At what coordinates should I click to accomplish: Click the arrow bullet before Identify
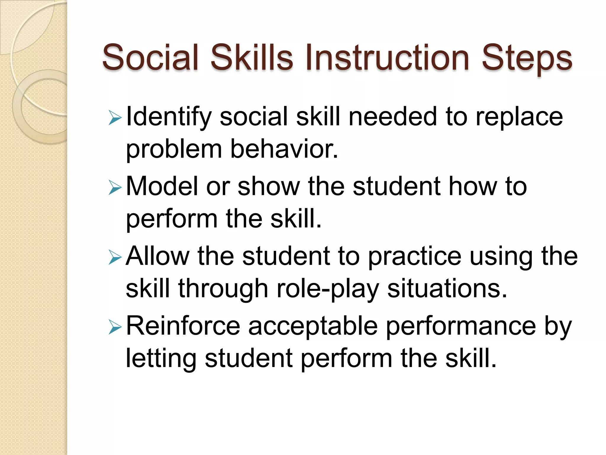(115, 118)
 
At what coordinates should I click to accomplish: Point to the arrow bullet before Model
(115, 188)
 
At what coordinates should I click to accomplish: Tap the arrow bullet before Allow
(115, 257)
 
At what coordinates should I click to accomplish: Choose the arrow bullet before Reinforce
(115, 327)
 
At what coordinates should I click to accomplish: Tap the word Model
(162, 186)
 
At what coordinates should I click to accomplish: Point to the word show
(269, 186)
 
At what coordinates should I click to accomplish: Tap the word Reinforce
(183, 326)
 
